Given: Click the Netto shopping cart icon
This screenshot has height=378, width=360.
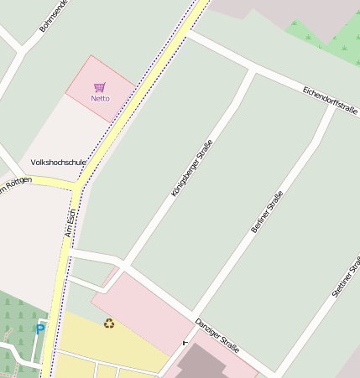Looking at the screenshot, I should pyautogui.click(x=100, y=86).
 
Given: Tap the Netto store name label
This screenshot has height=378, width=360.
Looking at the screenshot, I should pyautogui.click(x=100, y=98).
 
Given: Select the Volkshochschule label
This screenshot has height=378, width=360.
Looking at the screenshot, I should pyautogui.click(x=59, y=162).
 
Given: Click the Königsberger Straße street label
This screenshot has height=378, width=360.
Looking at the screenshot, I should pyautogui.click(x=191, y=168).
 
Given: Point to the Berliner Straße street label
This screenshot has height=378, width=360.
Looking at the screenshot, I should pyautogui.click(x=266, y=212).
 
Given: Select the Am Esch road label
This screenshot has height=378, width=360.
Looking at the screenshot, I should pyautogui.click(x=70, y=222).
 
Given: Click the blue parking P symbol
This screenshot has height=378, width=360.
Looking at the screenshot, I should pyautogui.click(x=39, y=329).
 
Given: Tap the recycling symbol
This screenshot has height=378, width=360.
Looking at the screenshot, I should pyautogui.click(x=109, y=323).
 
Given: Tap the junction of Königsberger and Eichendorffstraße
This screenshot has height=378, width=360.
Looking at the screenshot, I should pyautogui.click(x=252, y=70).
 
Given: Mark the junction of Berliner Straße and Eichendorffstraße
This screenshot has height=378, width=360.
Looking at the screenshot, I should pyautogui.click(x=334, y=106).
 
